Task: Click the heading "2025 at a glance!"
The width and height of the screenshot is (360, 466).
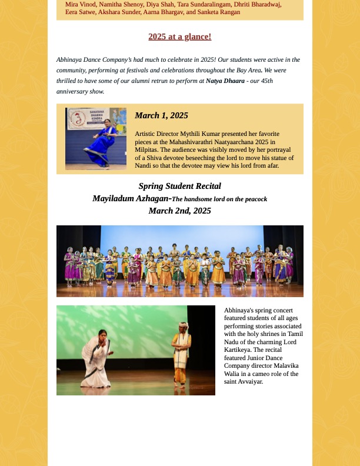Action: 179,36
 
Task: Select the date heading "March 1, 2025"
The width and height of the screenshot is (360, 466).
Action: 161,115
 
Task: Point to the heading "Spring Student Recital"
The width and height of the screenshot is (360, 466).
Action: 179,186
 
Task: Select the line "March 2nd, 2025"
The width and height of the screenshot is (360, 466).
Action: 179,211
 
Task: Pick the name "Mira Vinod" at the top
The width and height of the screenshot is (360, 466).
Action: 80,4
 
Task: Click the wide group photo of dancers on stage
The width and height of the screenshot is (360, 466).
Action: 179,261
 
